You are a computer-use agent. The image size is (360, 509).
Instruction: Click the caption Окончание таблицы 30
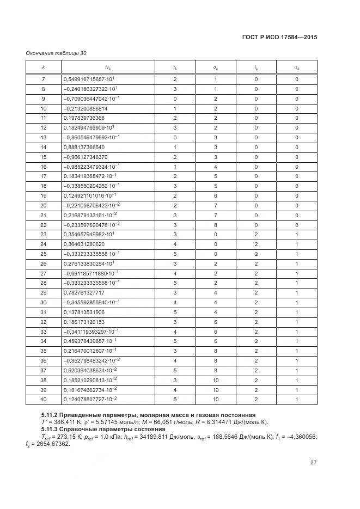(x=56, y=53)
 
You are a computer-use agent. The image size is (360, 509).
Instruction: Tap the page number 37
(x=313, y=463)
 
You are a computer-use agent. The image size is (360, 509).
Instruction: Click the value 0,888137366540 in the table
(x=84, y=147)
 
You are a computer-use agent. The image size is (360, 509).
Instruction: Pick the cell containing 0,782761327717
(x=84, y=292)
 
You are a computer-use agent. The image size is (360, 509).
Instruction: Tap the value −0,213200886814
(x=86, y=108)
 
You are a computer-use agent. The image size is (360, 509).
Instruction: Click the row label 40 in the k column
(x=44, y=399)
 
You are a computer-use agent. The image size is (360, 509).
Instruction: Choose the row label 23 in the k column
(x=44, y=234)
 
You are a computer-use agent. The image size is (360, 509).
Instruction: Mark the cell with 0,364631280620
(x=84, y=244)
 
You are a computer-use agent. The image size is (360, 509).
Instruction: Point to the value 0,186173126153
(x=84, y=322)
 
